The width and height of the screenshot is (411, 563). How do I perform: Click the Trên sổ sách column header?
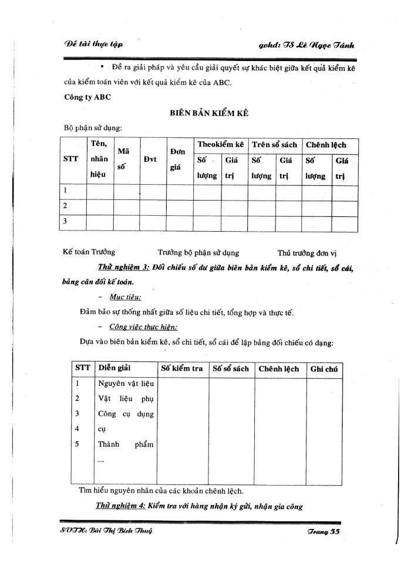point(273,144)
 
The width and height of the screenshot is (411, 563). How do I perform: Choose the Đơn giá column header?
point(178,159)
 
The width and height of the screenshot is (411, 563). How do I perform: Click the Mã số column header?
point(124,159)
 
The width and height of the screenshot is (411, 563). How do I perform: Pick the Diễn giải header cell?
point(114,368)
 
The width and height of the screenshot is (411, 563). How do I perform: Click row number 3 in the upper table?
point(66,221)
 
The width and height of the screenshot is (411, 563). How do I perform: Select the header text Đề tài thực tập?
point(93,45)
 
